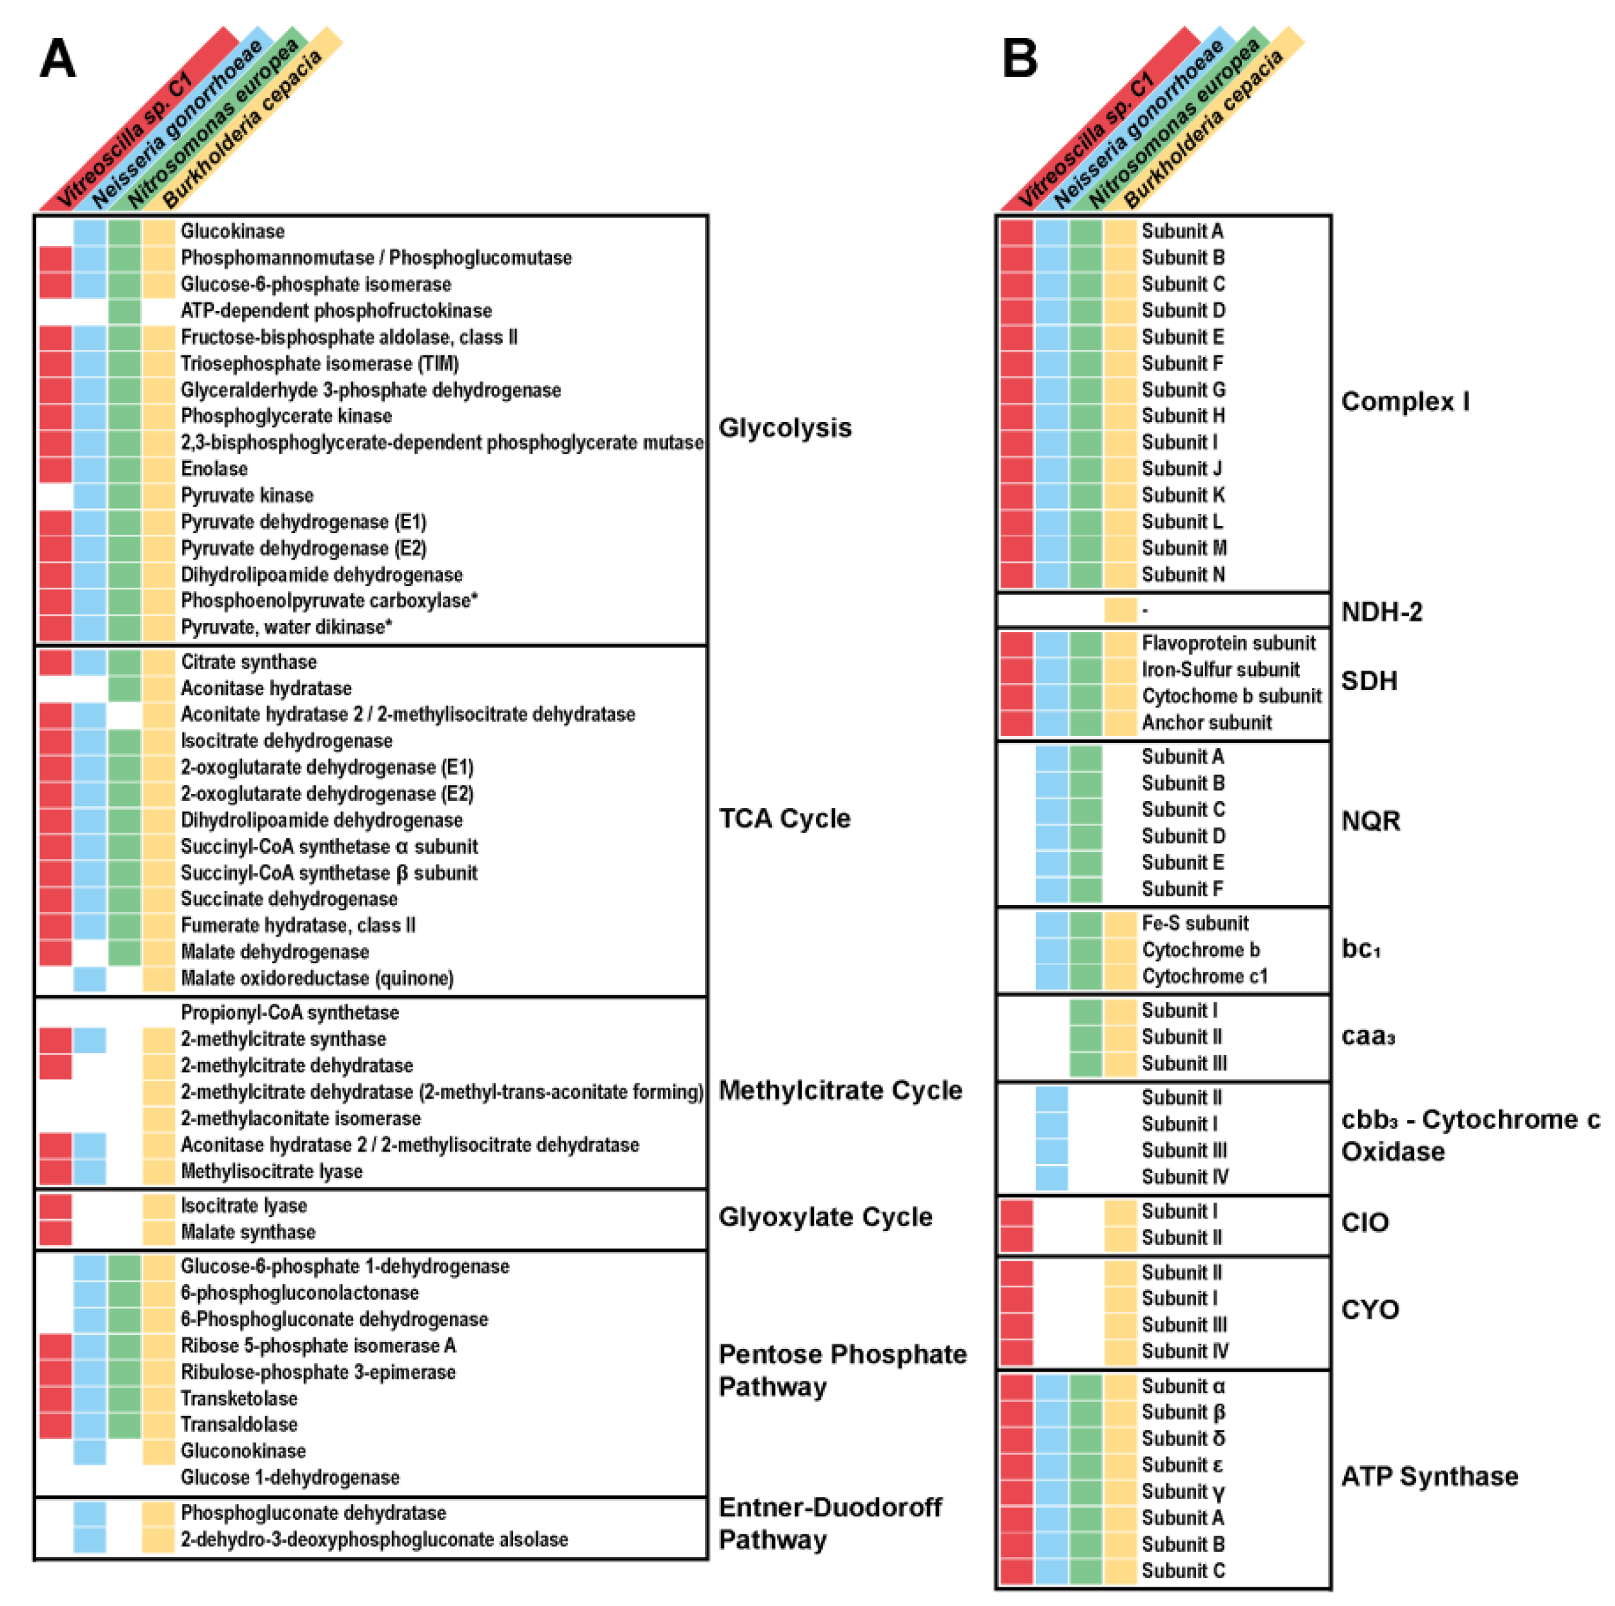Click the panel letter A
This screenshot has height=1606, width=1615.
pyautogui.click(x=57, y=59)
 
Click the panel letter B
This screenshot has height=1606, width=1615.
pyautogui.click(x=1019, y=59)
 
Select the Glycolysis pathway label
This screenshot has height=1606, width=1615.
pyautogui.click(x=784, y=428)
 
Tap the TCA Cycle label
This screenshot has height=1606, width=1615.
pyautogui.click(x=784, y=818)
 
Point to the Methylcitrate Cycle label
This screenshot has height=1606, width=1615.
pyautogui.click(x=840, y=1090)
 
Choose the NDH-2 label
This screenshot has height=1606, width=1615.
pyautogui.click(x=1381, y=612)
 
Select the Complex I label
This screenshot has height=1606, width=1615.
pyautogui.click(x=1405, y=401)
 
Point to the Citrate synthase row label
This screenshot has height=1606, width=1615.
pyautogui.click(x=249, y=662)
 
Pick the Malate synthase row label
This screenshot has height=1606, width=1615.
pyautogui.click(x=249, y=1232)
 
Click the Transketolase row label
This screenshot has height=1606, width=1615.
pyautogui.click(x=239, y=1398)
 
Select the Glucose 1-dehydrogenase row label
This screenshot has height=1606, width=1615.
pyautogui.click(x=289, y=1478)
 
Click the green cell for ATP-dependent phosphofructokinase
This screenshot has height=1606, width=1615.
pyautogui.click(x=125, y=311)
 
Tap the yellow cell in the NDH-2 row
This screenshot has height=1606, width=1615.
pyautogui.click(x=1120, y=610)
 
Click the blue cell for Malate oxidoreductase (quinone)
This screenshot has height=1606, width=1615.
pyautogui.click(x=90, y=978)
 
